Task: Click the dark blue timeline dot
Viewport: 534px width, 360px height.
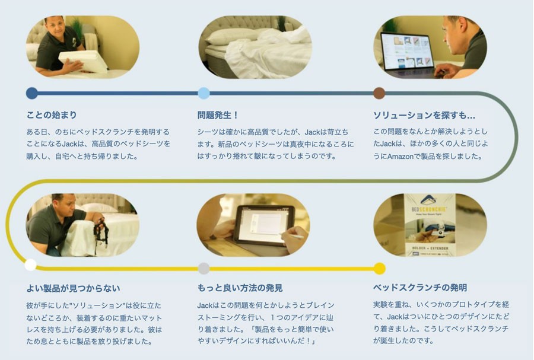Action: pyautogui.click(x=32, y=93)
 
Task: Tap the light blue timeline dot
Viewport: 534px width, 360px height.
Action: pyautogui.click(x=204, y=93)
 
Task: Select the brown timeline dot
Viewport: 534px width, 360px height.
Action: pyautogui.click(x=379, y=93)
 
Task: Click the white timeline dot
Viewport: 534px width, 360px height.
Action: pyautogui.click(x=31, y=265)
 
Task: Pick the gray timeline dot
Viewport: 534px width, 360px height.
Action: pyautogui.click(x=204, y=269)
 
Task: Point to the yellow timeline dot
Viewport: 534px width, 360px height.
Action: pyautogui.click(x=379, y=269)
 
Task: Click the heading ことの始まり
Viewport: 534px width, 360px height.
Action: pyautogui.click(x=52, y=115)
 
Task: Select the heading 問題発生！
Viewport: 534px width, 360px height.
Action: pyautogui.click(x=218, y=115)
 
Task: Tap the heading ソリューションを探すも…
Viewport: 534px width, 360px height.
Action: pyautogui.click(x=424, y=115)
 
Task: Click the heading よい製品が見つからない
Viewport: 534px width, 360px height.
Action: pyautogui.click(x=73, y=289)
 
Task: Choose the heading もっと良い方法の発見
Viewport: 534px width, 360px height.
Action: pyautogui.click(x=240, y=288)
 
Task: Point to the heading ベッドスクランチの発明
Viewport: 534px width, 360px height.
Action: pyautogui.click(x=420, y=288)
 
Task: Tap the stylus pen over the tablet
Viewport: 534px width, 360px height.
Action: pyautogui.click(x=291, y=235)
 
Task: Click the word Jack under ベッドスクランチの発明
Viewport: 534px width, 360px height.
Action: pyautogui.click(x=395, y=317)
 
